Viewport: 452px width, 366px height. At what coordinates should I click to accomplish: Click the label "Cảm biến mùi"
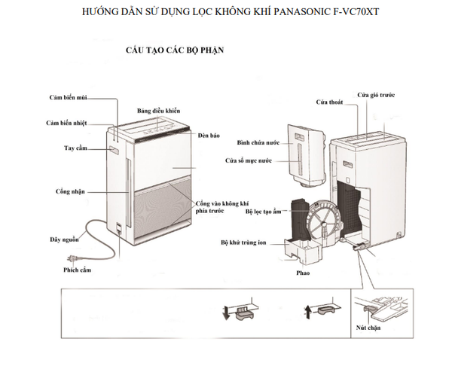click(68, 97)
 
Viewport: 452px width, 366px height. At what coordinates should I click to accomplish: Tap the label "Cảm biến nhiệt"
click(66, 123)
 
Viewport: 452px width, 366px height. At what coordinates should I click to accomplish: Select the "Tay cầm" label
click(75, 148)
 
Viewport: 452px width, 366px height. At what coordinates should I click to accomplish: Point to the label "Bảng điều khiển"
click(158, 111)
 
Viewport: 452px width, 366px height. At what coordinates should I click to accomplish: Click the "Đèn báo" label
click(209, 136)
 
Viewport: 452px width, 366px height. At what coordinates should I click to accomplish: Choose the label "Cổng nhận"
click(70, 191)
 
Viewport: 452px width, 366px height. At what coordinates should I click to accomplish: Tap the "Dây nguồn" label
click(64, 239)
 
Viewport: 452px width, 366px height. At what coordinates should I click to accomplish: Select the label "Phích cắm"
click(78, 270)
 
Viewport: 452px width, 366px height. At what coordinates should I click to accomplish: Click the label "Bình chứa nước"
click(258, 142)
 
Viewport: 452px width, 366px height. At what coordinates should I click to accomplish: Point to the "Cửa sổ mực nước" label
click(249, 160)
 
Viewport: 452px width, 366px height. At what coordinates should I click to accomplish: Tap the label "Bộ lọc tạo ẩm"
click(263, 212)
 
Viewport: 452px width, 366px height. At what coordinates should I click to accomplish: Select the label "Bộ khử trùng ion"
click(243, 242)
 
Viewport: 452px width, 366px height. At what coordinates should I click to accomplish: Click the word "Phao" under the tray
click(303, 273)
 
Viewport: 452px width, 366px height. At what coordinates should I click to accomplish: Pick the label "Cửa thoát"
click(329, 102)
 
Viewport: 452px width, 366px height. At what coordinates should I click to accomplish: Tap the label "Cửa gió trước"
click(376, 95)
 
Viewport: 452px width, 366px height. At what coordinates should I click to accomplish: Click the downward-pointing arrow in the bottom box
click(226, 313)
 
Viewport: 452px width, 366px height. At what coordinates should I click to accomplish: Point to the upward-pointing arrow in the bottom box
click(308, 312)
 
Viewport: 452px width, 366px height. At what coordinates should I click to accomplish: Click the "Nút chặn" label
click(368, 328)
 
